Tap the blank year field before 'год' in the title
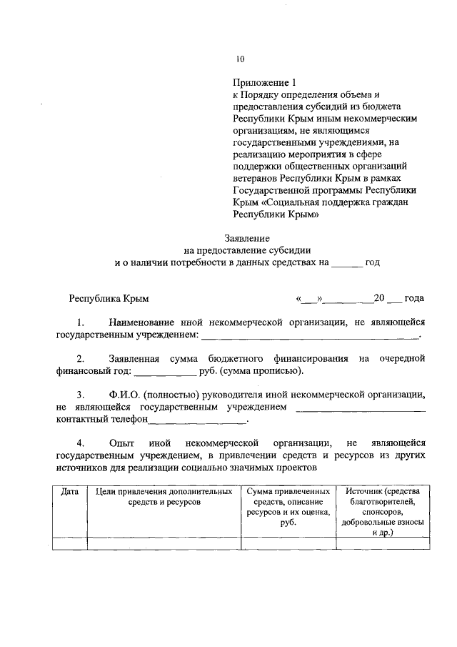point(347,263)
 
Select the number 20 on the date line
point(379,298)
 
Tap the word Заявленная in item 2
point(134,358)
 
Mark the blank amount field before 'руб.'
point(165,371)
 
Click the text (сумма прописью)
point(261,370)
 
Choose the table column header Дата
point(70,492)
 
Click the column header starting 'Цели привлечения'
point(164,497)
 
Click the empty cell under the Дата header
point(70,543)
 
